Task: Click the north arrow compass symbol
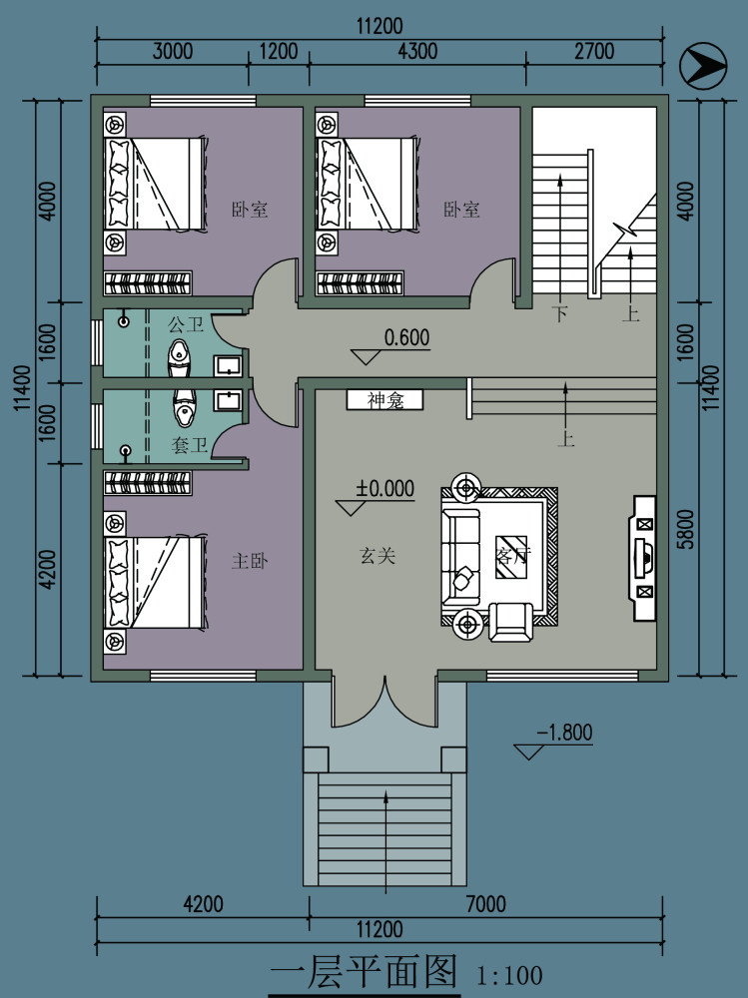703,66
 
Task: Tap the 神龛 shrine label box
384,400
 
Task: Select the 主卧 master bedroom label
250,561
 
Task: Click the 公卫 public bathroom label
186,324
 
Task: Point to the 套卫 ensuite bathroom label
189,444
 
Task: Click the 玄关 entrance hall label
377,556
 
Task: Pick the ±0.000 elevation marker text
384,488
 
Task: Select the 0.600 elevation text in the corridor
406,337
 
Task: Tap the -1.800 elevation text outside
564,733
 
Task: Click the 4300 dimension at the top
418,51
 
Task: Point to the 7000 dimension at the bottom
486,904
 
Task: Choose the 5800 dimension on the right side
685,529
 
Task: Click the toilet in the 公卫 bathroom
180,358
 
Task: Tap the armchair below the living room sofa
511,621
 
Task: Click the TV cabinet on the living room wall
643,558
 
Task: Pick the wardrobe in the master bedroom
148,482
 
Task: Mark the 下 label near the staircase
560,313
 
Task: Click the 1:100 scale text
509,975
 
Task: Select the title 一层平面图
364,972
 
